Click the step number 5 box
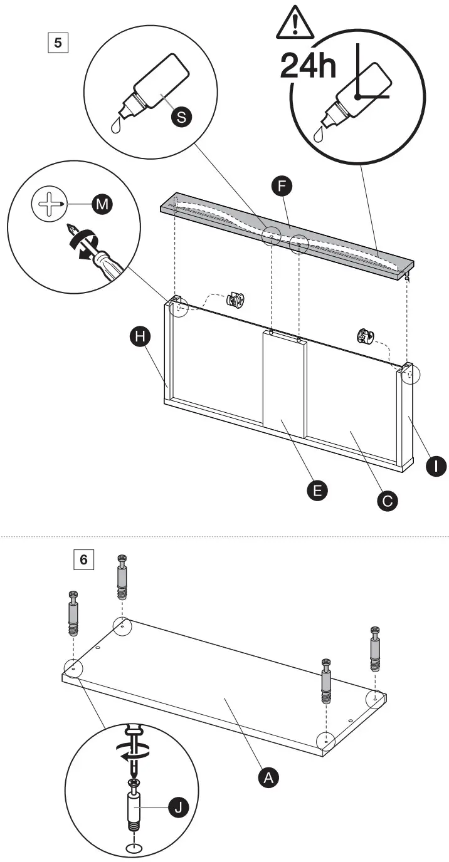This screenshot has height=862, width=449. coord(58,44)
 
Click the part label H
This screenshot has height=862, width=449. coord(140,337)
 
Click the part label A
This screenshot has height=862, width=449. coord(268,778)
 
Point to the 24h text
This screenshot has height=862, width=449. coord(308,66)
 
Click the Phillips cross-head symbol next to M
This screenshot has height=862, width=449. coord(49,205)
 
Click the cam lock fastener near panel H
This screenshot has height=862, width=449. coord(237,301)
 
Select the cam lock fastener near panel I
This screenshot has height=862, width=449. coord(365,337)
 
